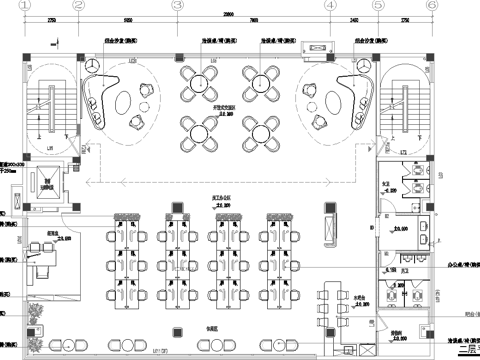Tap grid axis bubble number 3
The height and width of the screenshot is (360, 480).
[x=177, y=5]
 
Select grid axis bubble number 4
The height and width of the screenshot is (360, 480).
[x=330, y=5]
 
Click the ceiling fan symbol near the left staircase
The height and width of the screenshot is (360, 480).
[x=92, y=63]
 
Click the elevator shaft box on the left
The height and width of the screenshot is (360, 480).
[x=46, y=183]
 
